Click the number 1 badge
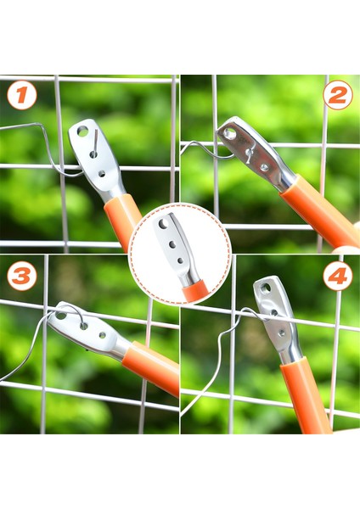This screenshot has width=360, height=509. pos(21,95)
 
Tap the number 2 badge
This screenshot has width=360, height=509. pos(337,95)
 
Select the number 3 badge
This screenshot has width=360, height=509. pos(21,276)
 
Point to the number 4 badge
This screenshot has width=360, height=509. pos(337,276)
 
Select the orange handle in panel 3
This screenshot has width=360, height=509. pos(151,367)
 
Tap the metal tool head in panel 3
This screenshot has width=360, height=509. pos(85,331)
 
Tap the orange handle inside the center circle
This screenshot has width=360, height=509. pos(195,291)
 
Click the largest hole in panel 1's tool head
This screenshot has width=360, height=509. pos(82,132)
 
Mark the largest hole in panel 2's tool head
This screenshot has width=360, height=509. pos(229,133)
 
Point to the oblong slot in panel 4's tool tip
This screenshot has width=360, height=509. pos(265,288)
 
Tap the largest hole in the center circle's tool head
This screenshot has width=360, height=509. pos(163,226)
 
